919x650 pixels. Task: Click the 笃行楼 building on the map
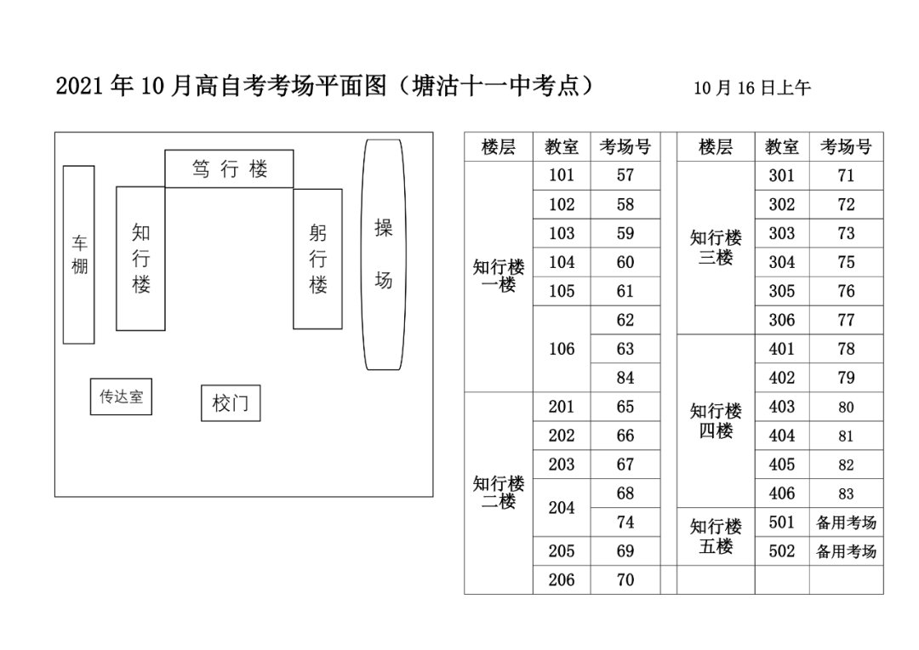229,168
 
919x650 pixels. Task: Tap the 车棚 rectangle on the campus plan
79,254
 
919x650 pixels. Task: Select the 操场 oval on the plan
384,254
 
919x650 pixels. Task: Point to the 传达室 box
121,397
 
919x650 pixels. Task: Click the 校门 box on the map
231,403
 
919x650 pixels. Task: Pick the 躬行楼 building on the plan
317,259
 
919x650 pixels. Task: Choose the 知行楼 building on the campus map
140,259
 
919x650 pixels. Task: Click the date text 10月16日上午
752,88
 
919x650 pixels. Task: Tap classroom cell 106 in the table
562,349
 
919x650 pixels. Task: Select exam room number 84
625,378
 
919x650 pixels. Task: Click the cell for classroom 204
562,508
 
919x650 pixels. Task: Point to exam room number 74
625,522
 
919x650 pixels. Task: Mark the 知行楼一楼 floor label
499,276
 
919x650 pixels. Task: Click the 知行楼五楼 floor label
716,537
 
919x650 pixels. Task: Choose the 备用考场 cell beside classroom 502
846,551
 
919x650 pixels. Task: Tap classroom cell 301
781,176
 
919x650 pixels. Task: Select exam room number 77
846,320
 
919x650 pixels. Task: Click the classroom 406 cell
781,493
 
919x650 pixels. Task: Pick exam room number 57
625,176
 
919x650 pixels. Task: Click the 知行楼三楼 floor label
716,248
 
